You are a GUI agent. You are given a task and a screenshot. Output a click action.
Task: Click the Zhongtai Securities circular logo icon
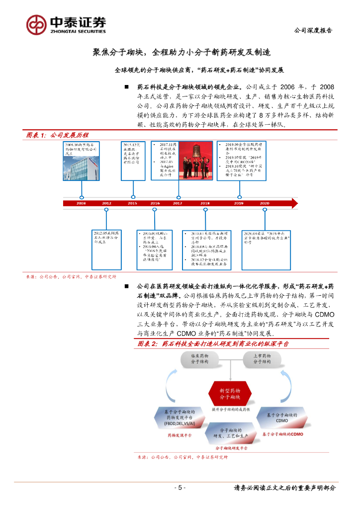[36, 24]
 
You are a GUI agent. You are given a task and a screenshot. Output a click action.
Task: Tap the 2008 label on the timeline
[81, 203]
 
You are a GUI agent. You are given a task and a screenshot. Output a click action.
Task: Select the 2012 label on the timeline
[106, 203]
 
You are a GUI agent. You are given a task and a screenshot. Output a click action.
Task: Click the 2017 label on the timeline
[177, 203]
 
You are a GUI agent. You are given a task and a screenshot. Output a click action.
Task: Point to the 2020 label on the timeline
[264, 203]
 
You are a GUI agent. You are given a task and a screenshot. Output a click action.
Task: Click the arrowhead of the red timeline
[294, 203]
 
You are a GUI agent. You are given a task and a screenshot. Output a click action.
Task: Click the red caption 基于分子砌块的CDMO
[284, 434]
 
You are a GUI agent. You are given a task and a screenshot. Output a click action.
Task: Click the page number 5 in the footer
[180, 488]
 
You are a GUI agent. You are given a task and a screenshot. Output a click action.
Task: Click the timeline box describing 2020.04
[267, 238]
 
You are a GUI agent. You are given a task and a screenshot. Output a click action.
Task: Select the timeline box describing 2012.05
[106, 238]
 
